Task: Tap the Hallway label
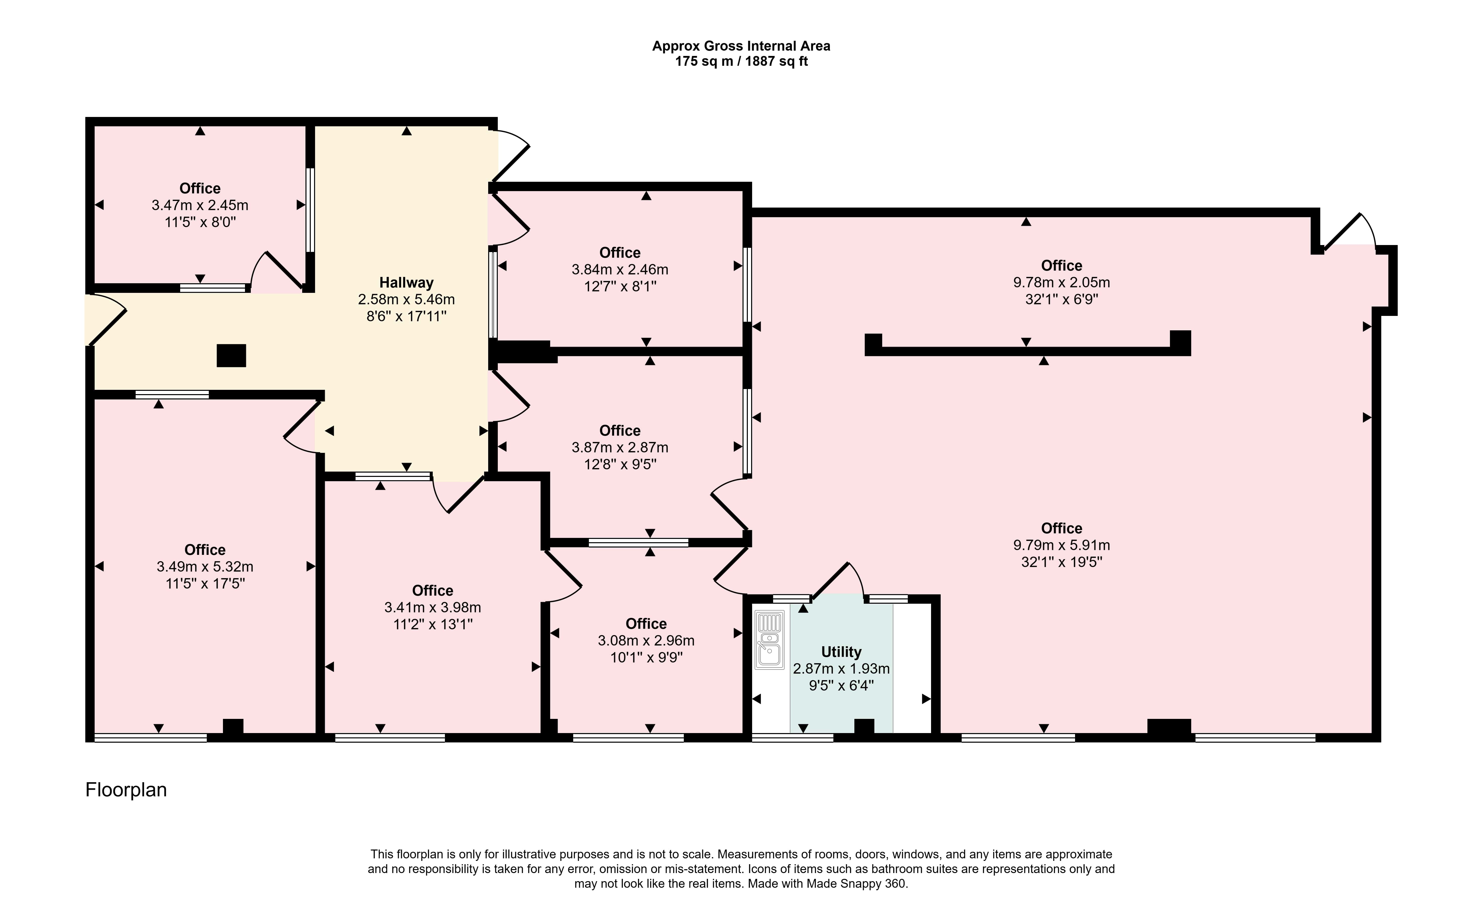tap(406, 282)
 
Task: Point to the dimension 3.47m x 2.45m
tap(200, 205)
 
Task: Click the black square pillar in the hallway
tap(231, 356)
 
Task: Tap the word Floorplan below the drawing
tap(126, 790)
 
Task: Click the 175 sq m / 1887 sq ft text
tap(741, 62)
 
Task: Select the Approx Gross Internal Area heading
tap(741, 46)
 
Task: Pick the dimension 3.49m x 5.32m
tap(205, 566)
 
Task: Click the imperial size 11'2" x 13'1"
tap(433, 624)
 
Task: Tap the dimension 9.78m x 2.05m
tap(1062, 282)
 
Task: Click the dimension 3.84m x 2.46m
tap(620, 270)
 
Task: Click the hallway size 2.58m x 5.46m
tap(406, 299)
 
